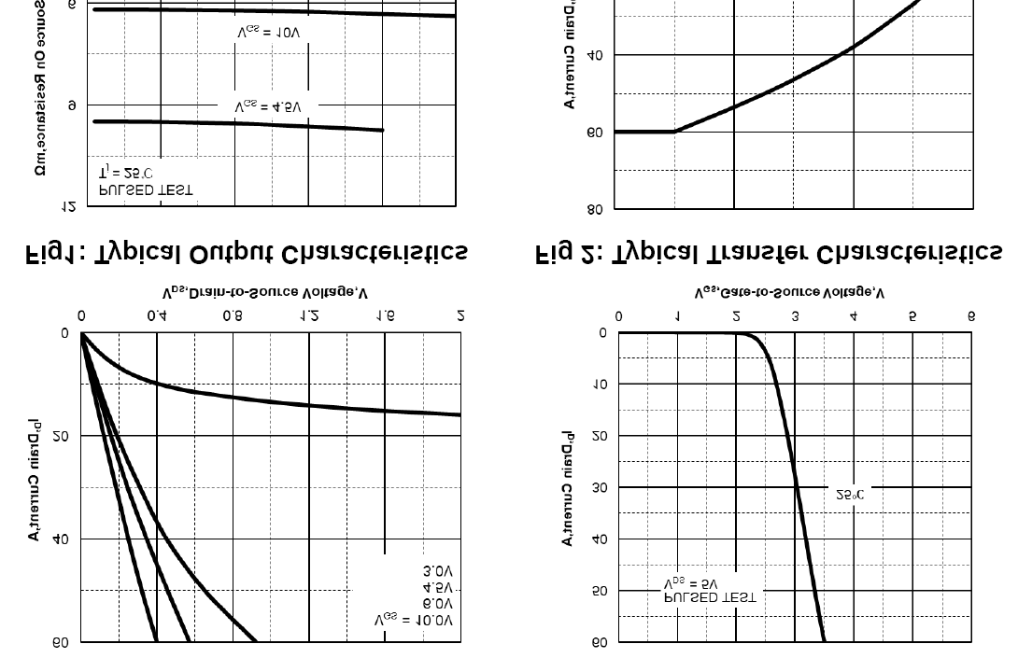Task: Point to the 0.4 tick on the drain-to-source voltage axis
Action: coord(157,316)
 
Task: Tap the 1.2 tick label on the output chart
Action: coord(309,316)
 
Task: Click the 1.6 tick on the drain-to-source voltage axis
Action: coord(385,316)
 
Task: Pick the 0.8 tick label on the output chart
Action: coord(233,316)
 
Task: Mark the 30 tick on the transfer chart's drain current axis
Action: coord(600,487)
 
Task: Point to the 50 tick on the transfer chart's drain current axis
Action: coord(600,591)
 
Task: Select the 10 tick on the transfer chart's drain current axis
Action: coord(600,385)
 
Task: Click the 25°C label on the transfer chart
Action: coord(850,495)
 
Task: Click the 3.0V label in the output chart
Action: coord(438,570)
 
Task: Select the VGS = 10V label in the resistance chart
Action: coord(269,33)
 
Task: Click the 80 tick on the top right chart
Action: coord(596,209)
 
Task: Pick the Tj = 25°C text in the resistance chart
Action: coord(126,174)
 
